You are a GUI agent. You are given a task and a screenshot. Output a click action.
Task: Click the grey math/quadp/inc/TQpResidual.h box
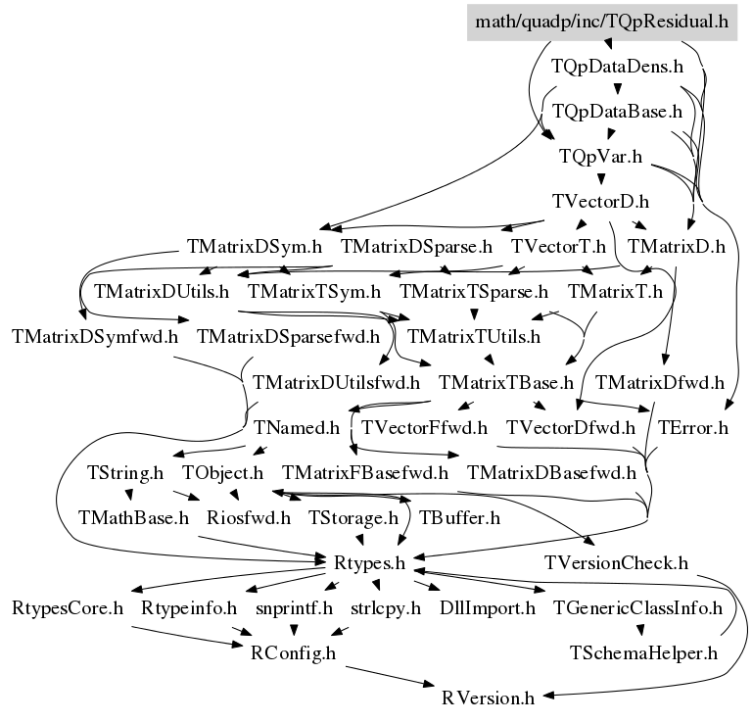pyautogui.click(x=602, y=23)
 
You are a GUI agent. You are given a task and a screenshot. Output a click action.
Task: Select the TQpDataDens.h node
pyautogui.click(x=617, y=67)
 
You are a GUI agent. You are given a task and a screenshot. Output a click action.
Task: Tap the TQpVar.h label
pyautogui.click(x=600, y=157)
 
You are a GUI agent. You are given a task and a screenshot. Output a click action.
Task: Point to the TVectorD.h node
pyautogui.click(x=600, y=202)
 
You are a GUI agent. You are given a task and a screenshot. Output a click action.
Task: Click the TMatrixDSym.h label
pyautogui.click(x=255, y=247)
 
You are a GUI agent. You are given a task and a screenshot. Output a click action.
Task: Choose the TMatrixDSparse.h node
pyautogui.click(x=416, y=247)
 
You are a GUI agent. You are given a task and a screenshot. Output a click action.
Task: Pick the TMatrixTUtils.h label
pyautogui.click(x=474, y=337)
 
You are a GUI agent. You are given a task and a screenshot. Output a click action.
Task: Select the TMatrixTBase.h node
pyautogui.click(x=506, y=383)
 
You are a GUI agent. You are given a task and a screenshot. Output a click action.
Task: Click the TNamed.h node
pyautogui.click(x=296, y=427)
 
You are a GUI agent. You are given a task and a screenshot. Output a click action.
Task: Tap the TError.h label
pyautogui.click(x=692, y=427)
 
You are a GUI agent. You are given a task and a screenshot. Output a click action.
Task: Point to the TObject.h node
pyautogui.click(x=222, y=473)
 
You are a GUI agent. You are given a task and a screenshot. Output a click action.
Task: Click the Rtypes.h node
pyautogui.click(x=369, y=562)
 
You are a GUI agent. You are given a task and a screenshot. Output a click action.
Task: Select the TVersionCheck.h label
pyautogui.click(x=616, y=562)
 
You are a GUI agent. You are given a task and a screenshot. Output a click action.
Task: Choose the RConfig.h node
pyautogui.click(x=293, y=652)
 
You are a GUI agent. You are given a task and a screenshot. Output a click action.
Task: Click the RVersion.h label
pyautogui.click(x=488, y=698)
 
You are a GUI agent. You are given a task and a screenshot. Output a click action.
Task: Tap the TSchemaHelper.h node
pyautogui.click(x=643, y=652)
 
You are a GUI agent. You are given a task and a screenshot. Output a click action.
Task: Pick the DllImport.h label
pyautogui.click(x=488, y=608)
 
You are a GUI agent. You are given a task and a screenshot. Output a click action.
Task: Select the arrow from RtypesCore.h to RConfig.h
pyautogui.click(x=188, y=637)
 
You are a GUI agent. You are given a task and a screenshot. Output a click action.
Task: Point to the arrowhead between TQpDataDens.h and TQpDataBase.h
pyautogui.click(x=618, y=89)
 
